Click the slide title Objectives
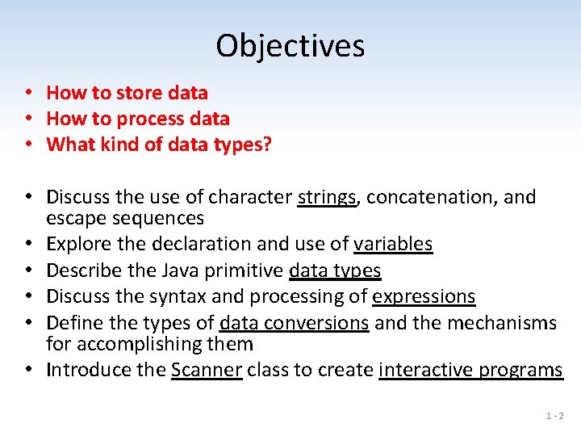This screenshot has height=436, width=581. coord(290,46)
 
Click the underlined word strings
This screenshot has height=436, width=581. coord(327,198)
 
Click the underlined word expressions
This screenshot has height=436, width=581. coord(424,297)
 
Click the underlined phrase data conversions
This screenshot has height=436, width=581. coord(294,323)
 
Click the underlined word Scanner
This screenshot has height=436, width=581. coord(207,370)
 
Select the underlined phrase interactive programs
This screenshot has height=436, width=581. coord(470,370)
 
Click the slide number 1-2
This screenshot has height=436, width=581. coord(554,417)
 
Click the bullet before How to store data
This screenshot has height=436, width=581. coord(27,94)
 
